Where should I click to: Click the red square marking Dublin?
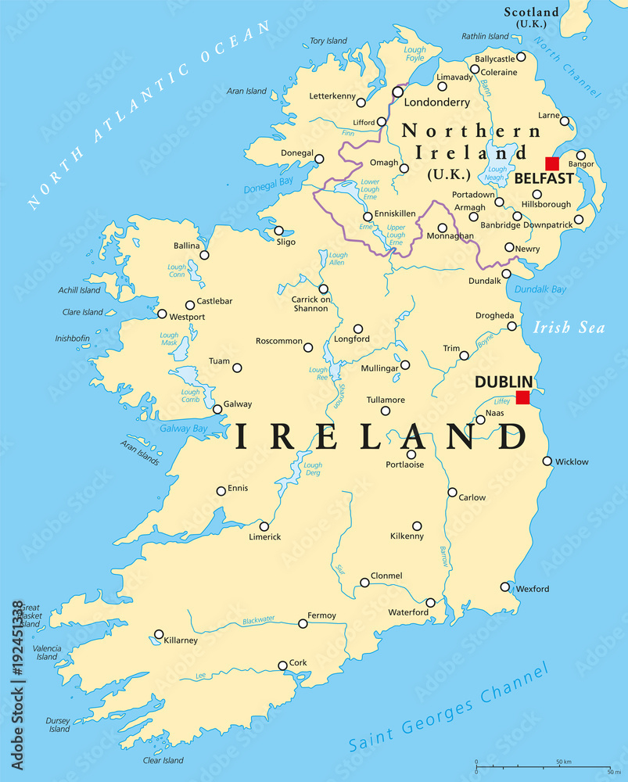(x=522, y=398)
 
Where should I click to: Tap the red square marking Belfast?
(x=552, y=163)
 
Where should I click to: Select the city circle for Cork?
(x=282, y=665)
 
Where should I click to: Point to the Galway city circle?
(x=217, y=409)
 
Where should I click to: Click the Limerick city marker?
(x=264, y=526)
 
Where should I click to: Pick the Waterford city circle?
(x=430, y=602)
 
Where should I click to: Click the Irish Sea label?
(x=569, y=328)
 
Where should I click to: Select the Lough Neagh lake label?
(x=497, y=173)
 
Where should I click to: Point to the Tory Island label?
(x=328, y=41)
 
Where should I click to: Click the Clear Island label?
(x=163, y=760)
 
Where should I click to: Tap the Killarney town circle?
(x=159, y=634)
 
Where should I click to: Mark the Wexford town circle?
(x=505, y=587)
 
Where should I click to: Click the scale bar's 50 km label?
(x=565, y=761)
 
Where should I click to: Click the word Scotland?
(x=531, y=12)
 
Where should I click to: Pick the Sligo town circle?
(x=278, y=231)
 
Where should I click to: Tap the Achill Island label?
(x=80, y=290)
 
